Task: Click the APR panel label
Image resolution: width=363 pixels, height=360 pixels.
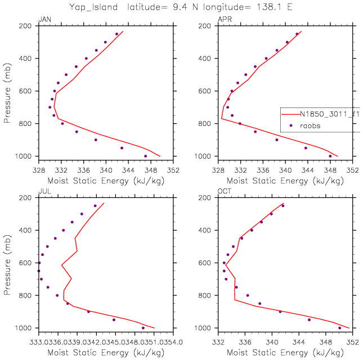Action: pos(223,20)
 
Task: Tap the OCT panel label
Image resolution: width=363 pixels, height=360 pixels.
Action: pos(223,192)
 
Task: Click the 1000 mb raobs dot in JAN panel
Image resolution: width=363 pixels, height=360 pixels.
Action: pos(146,156)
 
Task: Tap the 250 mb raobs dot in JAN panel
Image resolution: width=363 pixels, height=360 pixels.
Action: pos(117,34)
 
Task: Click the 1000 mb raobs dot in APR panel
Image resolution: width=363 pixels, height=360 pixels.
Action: pos(330,156)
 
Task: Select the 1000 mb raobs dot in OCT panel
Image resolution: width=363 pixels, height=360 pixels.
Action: pos(339,327)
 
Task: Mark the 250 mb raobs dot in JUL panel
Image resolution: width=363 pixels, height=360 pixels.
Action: pos(95,206)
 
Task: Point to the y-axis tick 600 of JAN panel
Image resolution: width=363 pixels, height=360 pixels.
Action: pos(26,91)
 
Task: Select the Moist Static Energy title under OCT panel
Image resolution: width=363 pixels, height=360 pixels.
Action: pos(286,352)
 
